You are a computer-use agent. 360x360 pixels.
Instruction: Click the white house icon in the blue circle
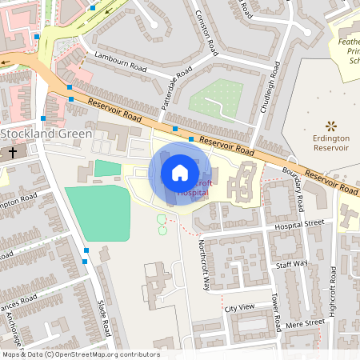click(179, 173)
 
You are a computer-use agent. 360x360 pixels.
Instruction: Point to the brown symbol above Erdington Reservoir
click(330, 126)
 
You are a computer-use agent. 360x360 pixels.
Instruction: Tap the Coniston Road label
click(206, 33)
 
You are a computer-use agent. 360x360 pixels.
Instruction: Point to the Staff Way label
click(291, 263)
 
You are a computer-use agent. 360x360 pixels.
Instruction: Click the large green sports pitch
click(97, 213)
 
